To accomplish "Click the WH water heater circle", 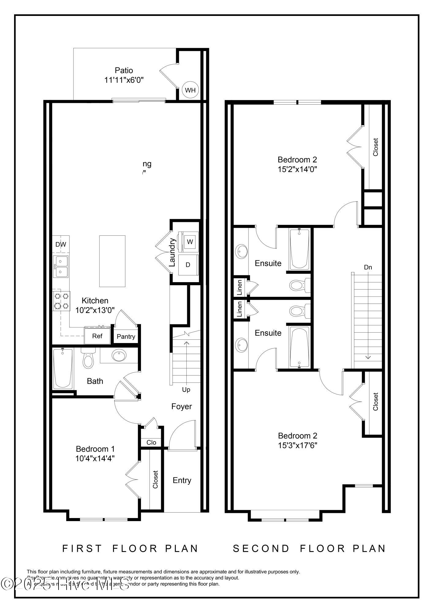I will point(190,90).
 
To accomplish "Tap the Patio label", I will point(124,71).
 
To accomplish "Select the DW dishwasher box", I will point(61,244).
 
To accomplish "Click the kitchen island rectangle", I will point(112,261).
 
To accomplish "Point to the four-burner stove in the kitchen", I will point(61,301).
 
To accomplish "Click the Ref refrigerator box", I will point(97,336).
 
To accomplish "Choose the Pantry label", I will point(126,337).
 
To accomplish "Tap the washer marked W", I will point(190,242).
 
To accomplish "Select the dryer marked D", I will point(188,265).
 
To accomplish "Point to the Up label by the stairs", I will point(186,390).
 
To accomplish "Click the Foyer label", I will point(181,406).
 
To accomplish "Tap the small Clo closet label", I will point(151,442).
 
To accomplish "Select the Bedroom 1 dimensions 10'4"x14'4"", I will point(95,458).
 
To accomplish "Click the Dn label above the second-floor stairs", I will point(368,267).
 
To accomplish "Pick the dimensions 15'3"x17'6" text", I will point(297,445).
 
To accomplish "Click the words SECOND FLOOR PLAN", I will point(309,549).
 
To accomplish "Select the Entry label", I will point(182,480).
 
